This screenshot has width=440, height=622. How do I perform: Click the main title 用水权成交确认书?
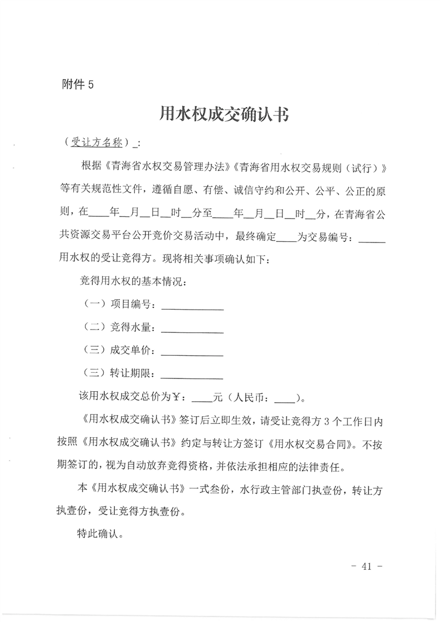[x=225, y=114]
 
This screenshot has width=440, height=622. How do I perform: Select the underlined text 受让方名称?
[x=97, y=142]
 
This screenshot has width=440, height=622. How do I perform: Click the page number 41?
[x=366, y=567]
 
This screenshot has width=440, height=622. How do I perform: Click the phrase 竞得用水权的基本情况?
[x=135, y=281]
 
